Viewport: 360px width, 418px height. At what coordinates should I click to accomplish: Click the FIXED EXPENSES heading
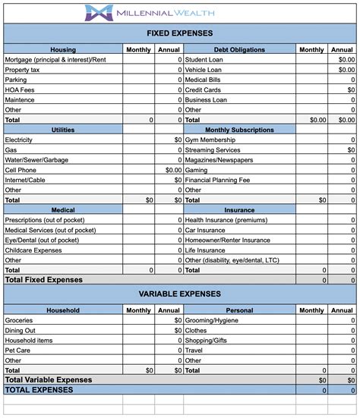pyautogui.click(x=179, y=33)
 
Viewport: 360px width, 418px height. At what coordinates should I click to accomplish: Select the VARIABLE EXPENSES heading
pyautogui.click(x=179, y=294)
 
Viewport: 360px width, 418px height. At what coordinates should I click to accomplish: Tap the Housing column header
pyautogui.click(x=63, y=49)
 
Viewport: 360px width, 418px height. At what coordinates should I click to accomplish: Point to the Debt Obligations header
pyautogui.click(x=239, y=49)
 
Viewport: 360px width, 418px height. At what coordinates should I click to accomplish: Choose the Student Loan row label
pyautogui.click(x=205, y=59)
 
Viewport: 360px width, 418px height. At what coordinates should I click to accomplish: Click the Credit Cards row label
pyautogui.click(x=204, y=90)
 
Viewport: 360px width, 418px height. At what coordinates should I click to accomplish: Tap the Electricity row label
pyautogui.click(x=19, y=140)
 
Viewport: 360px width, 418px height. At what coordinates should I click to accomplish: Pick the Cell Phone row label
pyautogui.click(x=21, y=170)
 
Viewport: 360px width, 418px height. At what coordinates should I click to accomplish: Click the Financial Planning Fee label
pyautogui.click(x=219, y=180)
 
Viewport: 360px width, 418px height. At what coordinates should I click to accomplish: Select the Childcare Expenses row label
pyautogui.click(x=33, y=250)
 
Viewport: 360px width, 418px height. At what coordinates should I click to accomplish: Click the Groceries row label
pyautogui.click(x=19, y=320)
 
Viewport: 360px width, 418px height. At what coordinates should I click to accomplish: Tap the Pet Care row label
pyautogui.click(x=18, y=350)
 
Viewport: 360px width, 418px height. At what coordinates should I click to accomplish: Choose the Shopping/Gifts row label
pyautogui.click(x=208, y=340)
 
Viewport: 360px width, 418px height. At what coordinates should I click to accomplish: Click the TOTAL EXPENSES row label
pyautogui.click(x=39, y=390)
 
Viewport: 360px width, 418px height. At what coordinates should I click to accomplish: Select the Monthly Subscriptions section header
pyautogui.click(x=239, y=130)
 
